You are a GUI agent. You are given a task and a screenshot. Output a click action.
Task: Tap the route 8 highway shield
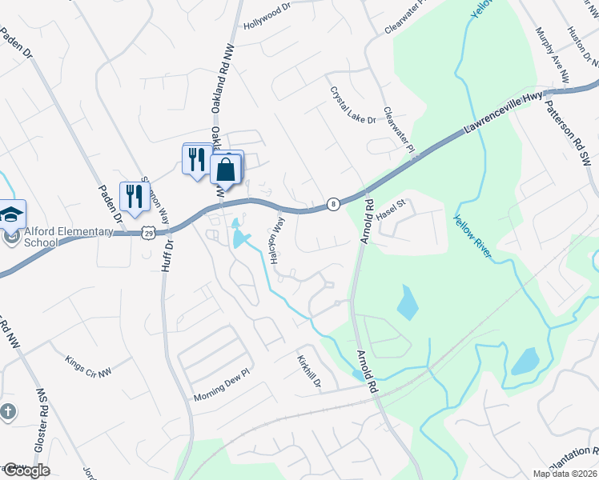333,204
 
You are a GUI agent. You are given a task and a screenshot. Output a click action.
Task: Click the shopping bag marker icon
227,170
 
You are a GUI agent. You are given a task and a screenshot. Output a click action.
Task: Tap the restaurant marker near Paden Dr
135,197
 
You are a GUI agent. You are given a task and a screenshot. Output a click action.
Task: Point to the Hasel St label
392,209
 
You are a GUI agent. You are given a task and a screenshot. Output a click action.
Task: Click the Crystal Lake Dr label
352,105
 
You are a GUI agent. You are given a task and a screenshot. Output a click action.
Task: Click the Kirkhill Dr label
308,374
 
